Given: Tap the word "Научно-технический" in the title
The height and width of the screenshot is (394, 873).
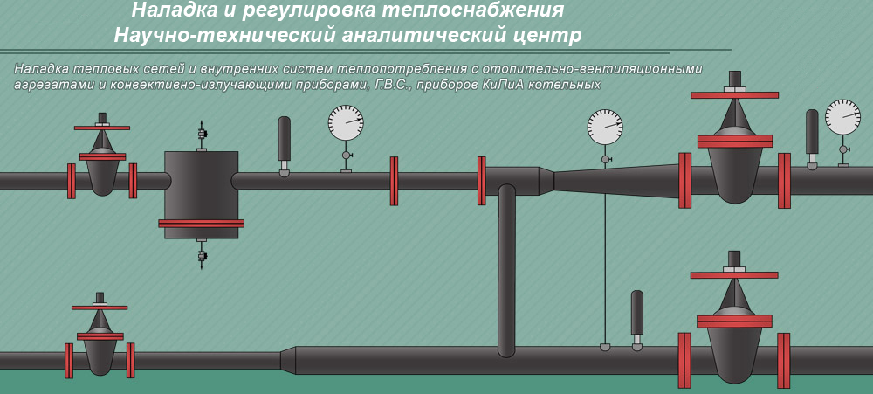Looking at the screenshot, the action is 225,36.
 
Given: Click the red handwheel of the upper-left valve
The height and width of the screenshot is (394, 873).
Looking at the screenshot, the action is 102,128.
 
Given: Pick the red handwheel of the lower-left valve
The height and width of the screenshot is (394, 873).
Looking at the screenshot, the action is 100,308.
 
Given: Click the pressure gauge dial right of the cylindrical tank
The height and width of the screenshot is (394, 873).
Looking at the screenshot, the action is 346,122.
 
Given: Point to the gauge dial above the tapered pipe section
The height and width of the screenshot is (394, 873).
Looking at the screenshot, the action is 605,127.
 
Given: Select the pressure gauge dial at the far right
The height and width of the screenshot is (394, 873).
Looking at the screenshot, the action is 843,117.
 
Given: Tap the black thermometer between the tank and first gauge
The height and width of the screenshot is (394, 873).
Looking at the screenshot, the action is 284,146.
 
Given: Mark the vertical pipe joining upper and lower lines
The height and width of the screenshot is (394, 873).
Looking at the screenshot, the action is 506,270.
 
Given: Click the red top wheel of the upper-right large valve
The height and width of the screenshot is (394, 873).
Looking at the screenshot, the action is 734,94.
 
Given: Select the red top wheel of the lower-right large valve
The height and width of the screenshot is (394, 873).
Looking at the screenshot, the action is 734,274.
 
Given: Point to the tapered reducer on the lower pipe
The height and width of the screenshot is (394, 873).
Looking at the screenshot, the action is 287,360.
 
